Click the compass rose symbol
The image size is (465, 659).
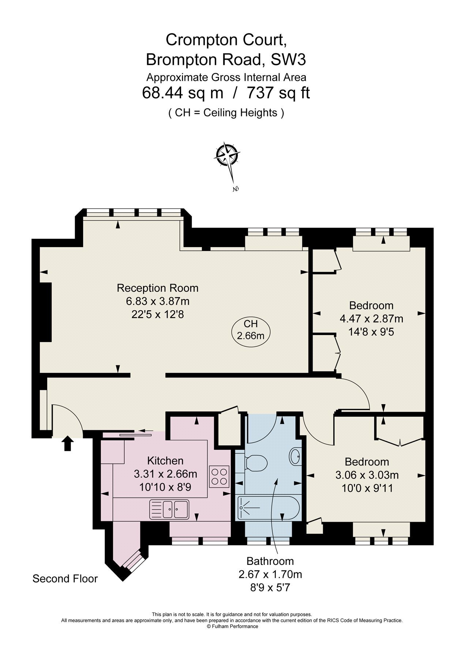227,155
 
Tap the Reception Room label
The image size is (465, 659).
157,288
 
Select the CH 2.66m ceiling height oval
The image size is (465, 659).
251,329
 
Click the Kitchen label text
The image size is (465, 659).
165,461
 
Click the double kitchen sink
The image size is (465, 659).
169,509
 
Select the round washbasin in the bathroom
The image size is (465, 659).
296,456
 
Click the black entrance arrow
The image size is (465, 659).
67,443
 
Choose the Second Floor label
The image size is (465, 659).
65,578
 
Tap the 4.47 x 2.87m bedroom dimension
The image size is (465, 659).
371,319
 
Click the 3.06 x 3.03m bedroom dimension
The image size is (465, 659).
367,475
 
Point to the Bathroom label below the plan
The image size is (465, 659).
270,561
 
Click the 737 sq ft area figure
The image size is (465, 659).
278,93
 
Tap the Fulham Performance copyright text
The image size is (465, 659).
233,626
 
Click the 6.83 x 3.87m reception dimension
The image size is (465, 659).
158,301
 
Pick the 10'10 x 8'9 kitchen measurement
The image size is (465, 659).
165,487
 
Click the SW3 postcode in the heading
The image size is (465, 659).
288,59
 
